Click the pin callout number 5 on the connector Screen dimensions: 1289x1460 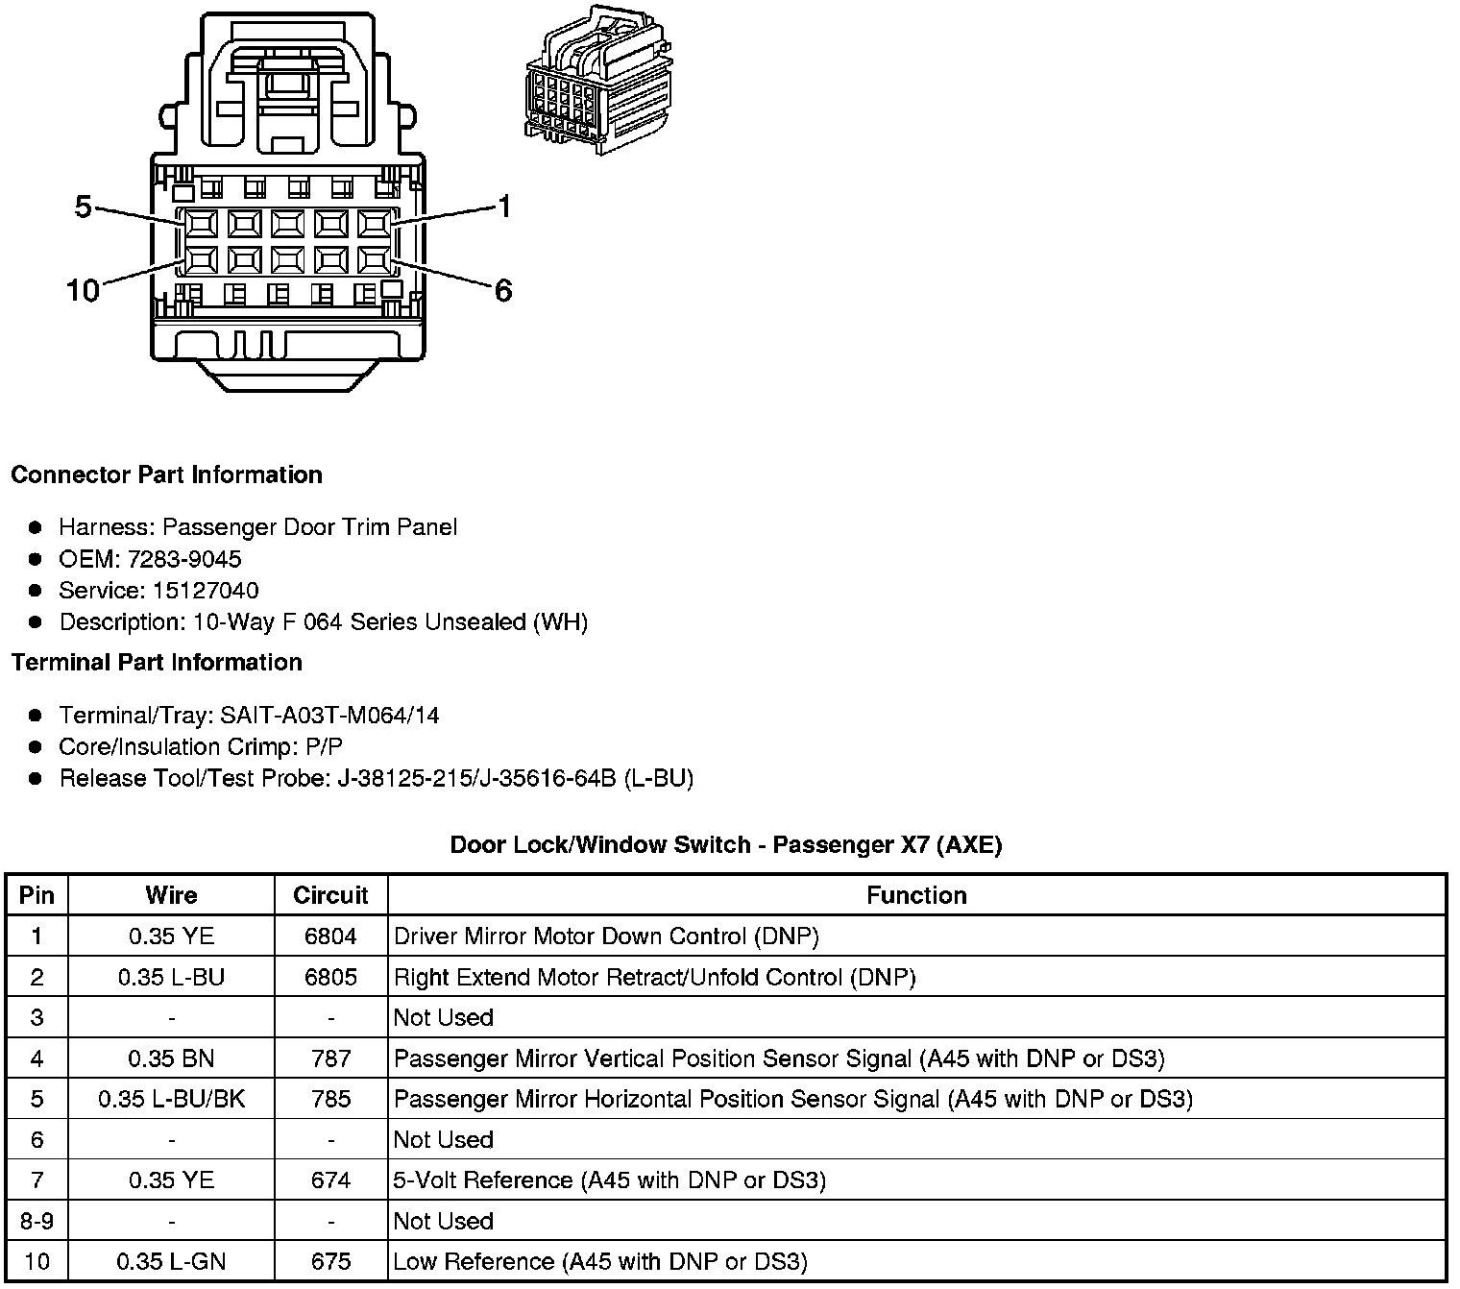(83, 207)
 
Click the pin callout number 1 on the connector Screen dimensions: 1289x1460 (503, 207)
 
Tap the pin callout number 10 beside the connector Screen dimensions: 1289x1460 (83, 290)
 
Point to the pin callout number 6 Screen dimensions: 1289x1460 (503, 290)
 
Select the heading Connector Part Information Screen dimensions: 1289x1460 (166, 474)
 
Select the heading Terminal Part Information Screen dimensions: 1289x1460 (157, 663)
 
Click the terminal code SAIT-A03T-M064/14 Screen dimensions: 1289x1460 (329, 716)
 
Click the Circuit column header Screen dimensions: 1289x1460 (330, 895)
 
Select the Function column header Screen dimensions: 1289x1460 (916, 895)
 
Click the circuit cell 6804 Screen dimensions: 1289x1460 (330, 936)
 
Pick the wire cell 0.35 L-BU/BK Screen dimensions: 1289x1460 (171, 1099)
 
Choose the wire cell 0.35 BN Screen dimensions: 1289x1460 (171, 1058)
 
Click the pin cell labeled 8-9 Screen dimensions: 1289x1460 (36, 1221)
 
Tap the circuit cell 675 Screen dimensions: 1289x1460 (330, 1261)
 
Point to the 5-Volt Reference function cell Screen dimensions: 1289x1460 (610, 1180)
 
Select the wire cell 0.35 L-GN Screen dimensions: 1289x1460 (171, 1261)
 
